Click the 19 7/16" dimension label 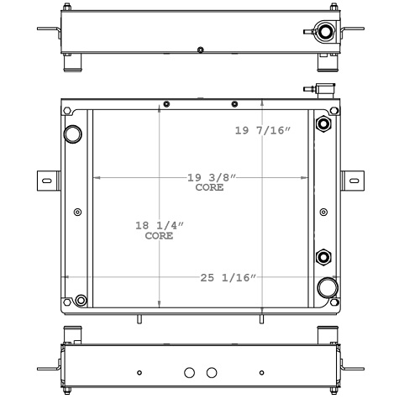tap(262, 130)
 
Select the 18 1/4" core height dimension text tap(159, 226)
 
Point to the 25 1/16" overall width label tap(227, 278)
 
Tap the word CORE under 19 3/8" tap(209, 188)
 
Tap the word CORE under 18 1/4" tap(159, 236)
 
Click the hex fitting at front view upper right tap(323, 125)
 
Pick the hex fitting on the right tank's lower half tap(323, 256)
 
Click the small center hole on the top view tap(200, 50)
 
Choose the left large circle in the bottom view tap(189, 372)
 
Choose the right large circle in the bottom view tap(212, 372)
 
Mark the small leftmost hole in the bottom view tap(139, 372)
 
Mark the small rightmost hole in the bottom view tap(261, 372)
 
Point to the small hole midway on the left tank tap(78, 212)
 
